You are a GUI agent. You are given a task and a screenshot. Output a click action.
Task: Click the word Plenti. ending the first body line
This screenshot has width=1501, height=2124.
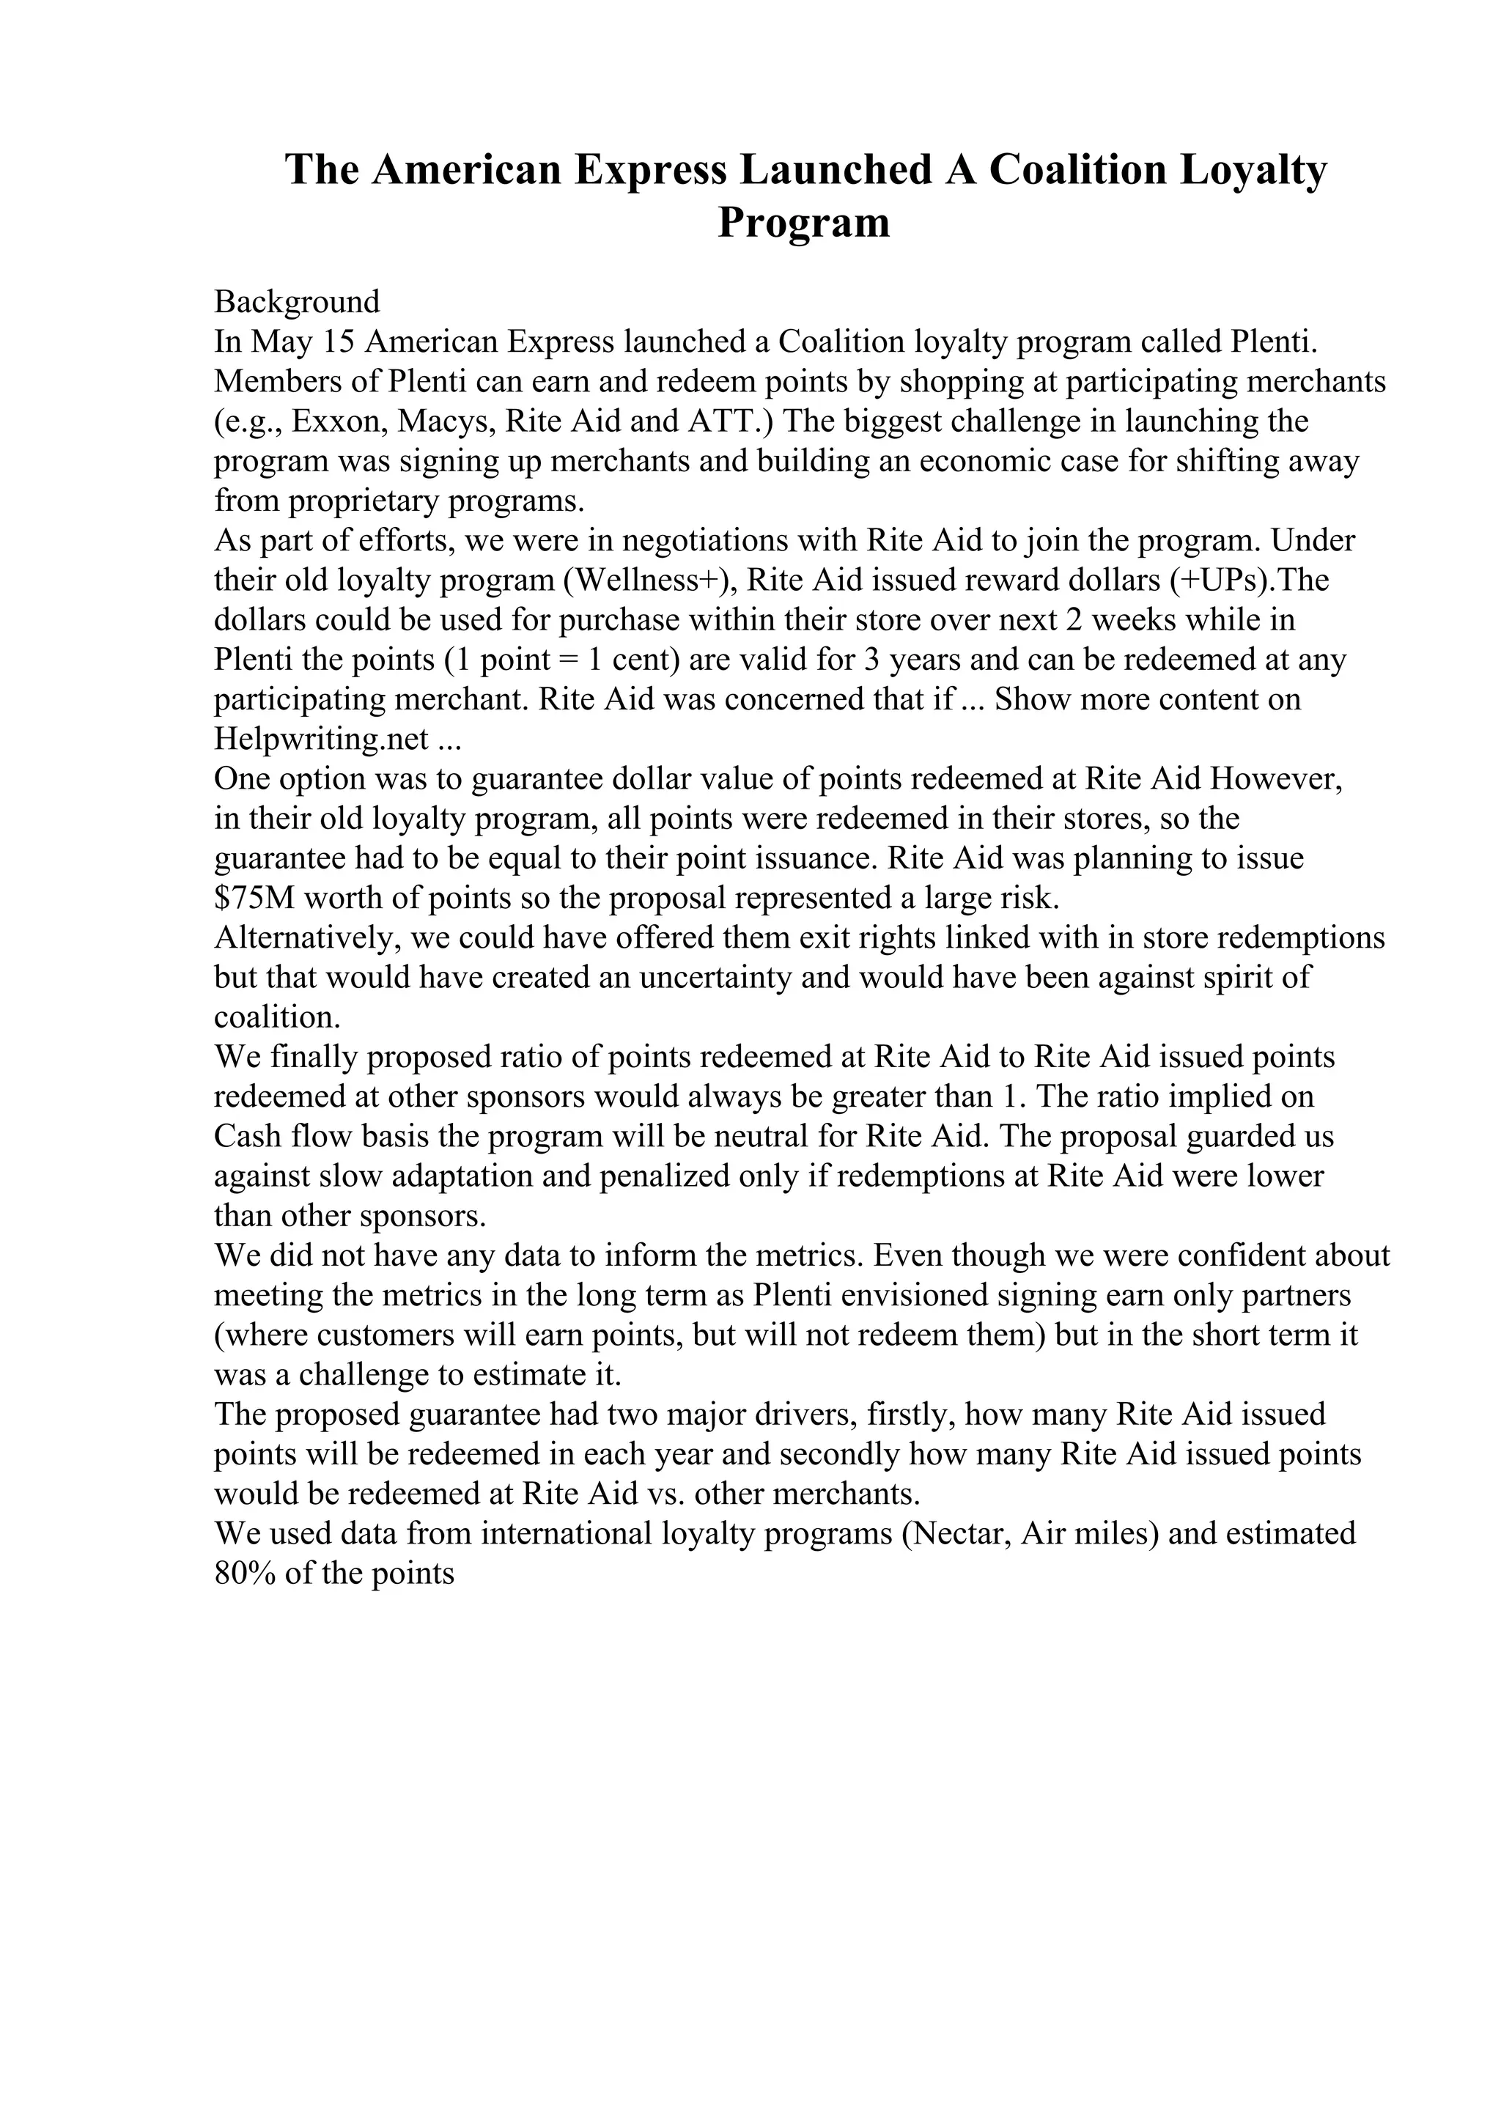pos(1275,342)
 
